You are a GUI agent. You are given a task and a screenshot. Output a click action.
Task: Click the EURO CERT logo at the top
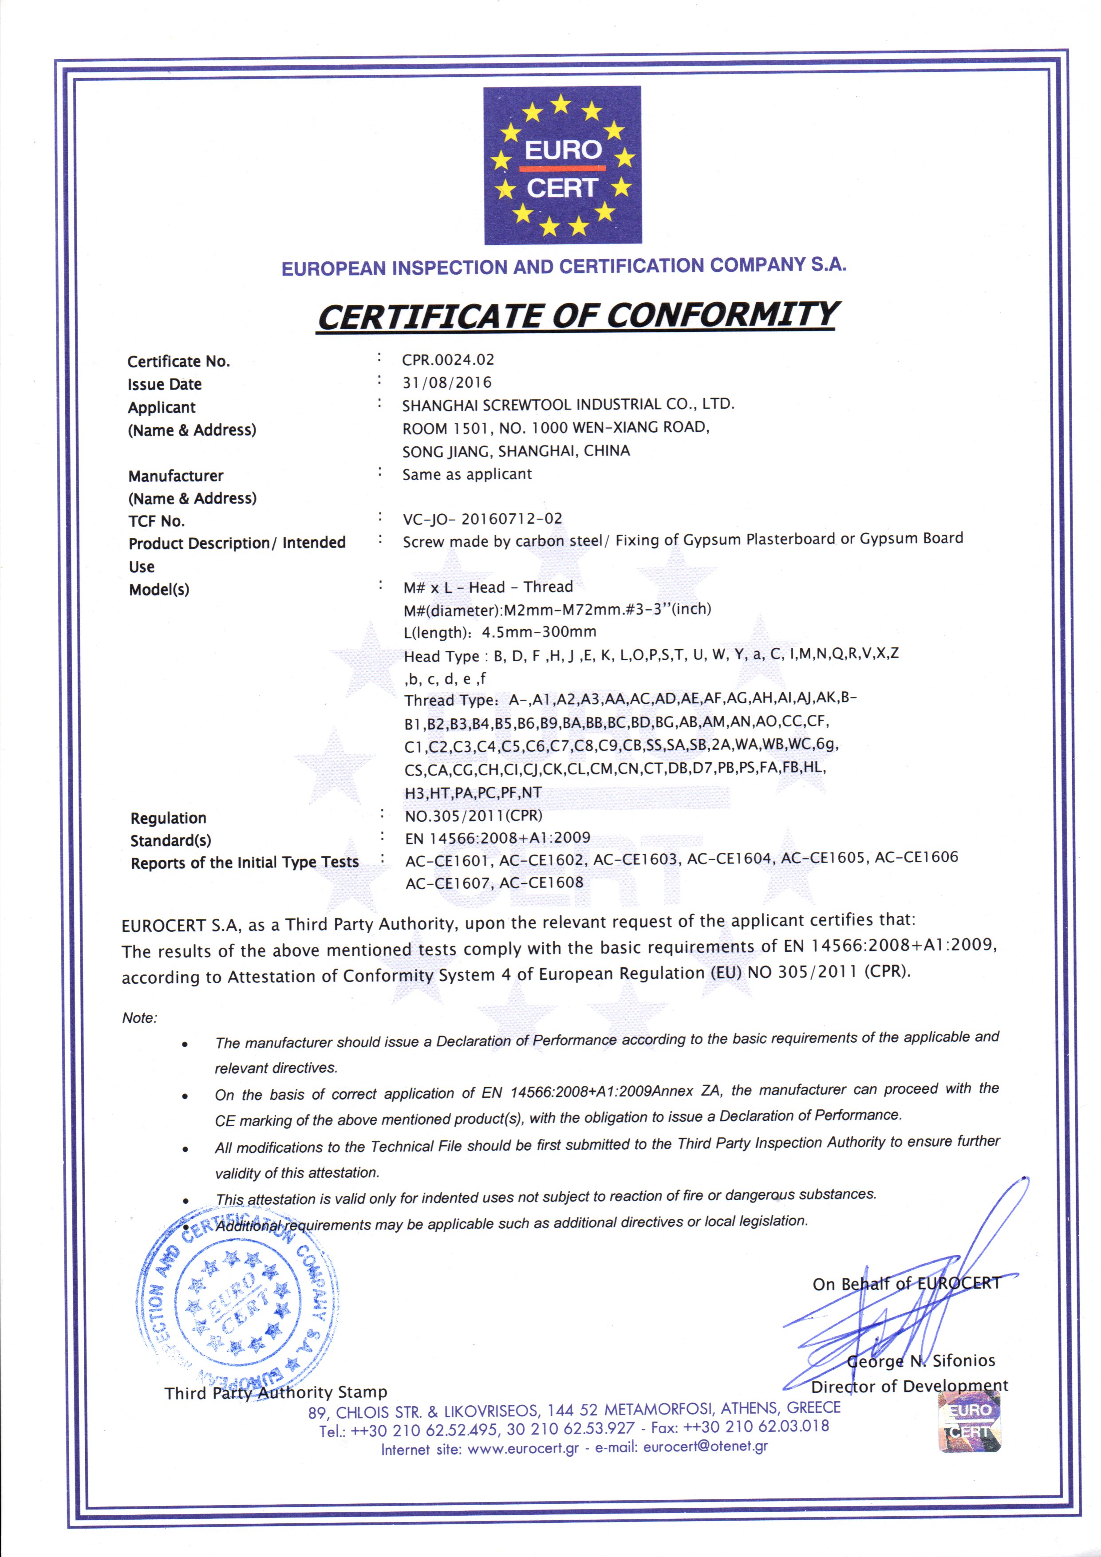coord(562,166)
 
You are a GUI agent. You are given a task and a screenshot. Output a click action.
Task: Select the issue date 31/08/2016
coord(446,382)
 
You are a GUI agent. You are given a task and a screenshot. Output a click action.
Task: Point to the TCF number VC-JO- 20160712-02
coord(482,519)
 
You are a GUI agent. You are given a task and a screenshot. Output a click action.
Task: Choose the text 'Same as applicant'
coord(467,474)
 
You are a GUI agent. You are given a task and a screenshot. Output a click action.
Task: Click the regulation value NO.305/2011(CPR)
coord(474,815)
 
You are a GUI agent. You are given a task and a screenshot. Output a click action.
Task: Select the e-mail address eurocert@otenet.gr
coord(706,1447)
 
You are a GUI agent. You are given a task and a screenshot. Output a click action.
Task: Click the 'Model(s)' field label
coord(159,589)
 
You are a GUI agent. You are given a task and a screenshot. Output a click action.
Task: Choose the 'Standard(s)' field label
coord(171,840)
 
